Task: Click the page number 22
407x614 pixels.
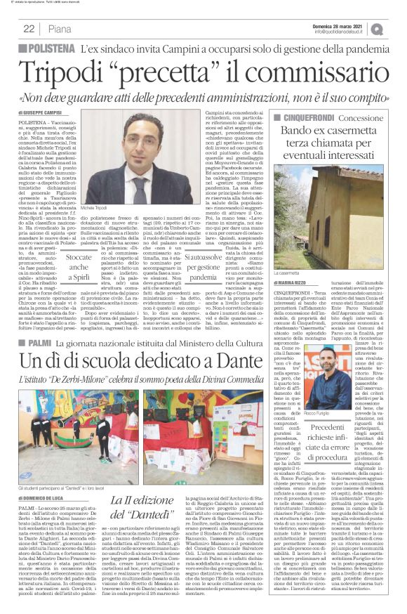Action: tap(29, 29)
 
